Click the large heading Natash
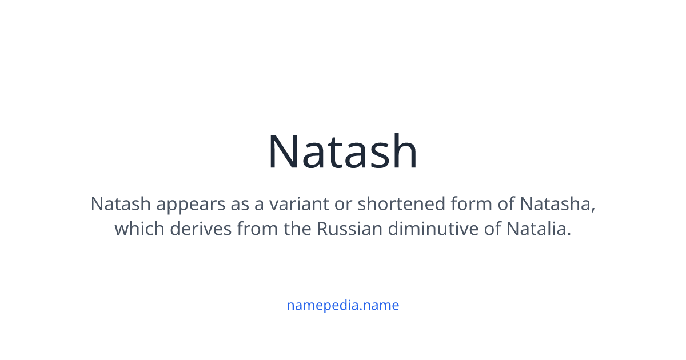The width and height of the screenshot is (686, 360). click(x=342, y=151)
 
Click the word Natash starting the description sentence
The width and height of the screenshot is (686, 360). click(x=121, y=204)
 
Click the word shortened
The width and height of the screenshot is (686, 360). click(x=401, y=203)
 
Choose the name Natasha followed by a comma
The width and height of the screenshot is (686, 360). click(x=558, y=204)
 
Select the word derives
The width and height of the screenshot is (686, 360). click(x=201, y=229)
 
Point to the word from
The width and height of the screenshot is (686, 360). click(x=257, y=229)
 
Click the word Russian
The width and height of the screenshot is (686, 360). click(x=349, y=229)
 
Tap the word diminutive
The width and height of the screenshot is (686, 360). click(x=433, y=229)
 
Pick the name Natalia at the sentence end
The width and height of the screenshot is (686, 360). click(x=539, y=229)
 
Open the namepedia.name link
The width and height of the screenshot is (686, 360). click(x=342, y=306)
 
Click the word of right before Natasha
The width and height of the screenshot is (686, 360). click(x=506, y=203)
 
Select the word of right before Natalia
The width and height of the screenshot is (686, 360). click(x=492, y=229)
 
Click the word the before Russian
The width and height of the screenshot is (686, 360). click(x=297, y=229)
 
